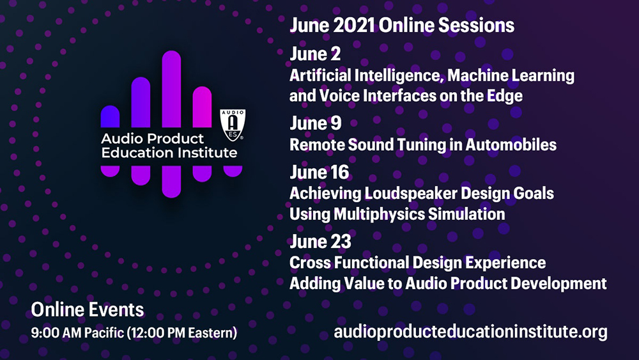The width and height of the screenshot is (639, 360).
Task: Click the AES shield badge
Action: click(x=233, y=125)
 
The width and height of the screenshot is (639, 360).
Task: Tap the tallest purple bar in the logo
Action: click(x=171, y=89)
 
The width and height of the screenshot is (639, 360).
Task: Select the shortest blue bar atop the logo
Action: click(x=110, y=116)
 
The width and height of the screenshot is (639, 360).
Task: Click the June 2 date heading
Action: click(x=315, y=54)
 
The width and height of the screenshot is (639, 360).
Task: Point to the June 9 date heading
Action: click(x=316, y=123)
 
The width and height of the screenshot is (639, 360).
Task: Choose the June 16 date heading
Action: click(x=319, y=172)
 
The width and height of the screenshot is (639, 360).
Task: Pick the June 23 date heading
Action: click(x=320, y=241)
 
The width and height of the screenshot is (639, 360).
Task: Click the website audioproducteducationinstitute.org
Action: click(x=471, y=332)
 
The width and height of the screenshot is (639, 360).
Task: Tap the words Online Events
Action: click(x=88, y=310)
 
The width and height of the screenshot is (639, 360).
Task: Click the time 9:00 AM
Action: click(x=57, y=333)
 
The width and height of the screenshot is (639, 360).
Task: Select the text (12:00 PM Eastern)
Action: click(x=182, y=333)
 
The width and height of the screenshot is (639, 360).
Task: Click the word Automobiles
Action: click(x=511, y=145)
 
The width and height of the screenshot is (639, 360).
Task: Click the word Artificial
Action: click(x=320, y=75)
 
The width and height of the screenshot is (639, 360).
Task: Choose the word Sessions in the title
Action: click(x=477, y=26)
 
